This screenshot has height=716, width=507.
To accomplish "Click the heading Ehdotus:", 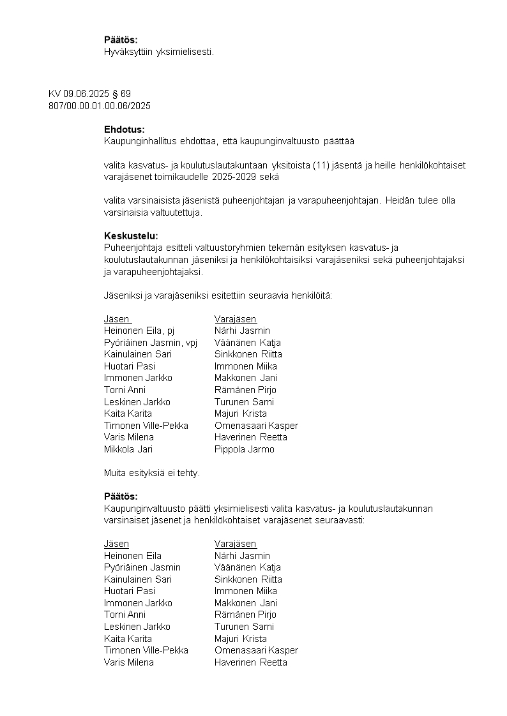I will point(124,130).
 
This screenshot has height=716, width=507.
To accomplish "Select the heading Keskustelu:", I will point(131,236).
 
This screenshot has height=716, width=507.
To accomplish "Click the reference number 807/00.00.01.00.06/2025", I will point(100,105).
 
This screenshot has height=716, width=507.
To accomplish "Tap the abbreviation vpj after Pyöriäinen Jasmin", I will point(192,343).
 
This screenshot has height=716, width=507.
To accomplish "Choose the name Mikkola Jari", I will point(125,449).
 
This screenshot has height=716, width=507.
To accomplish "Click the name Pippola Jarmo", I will point(245,449).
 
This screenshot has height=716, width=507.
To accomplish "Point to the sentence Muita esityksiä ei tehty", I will point(152,473).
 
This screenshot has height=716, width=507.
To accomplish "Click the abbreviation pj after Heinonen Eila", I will point(170,331).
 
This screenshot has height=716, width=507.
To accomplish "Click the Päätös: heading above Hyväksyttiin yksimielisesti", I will point(121,40).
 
